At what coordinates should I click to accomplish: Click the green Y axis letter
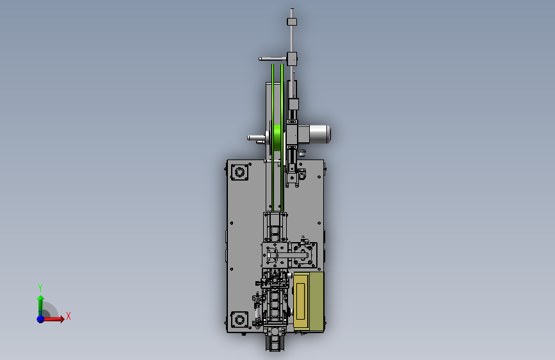point(40,288)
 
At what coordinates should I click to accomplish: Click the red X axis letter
point(68,316)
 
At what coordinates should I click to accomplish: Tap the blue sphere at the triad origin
point(41,319)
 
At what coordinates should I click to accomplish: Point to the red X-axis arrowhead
point(62,319)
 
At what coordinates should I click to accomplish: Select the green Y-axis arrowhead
point(41,299)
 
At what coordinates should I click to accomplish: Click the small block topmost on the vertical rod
point(292,22)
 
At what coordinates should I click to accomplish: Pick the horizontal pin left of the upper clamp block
point(273,59)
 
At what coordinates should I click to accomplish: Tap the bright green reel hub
point(277,137)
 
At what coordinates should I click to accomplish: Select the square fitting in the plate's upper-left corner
point(239,172)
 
